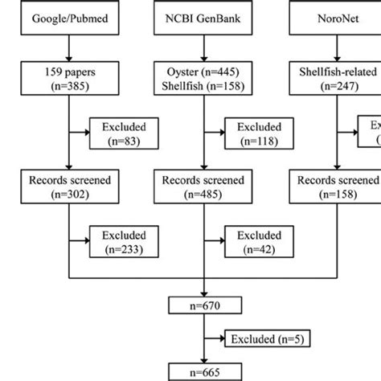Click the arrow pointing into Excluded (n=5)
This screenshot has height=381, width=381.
[215, 338]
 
